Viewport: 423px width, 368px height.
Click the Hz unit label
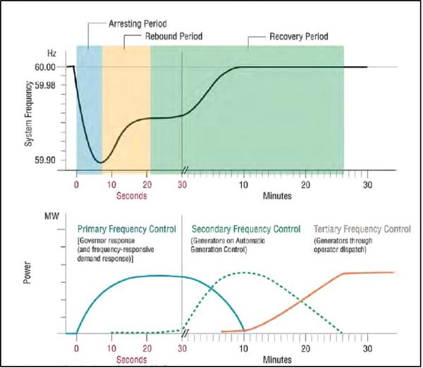pos(51,53)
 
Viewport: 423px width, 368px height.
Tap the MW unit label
pos(51,216)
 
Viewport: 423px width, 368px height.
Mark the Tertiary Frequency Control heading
pos(362,229)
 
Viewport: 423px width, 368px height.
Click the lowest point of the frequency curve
pos(101,163)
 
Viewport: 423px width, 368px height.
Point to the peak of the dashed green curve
pos(243,272)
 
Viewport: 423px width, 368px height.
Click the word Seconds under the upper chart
pos(130,196)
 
